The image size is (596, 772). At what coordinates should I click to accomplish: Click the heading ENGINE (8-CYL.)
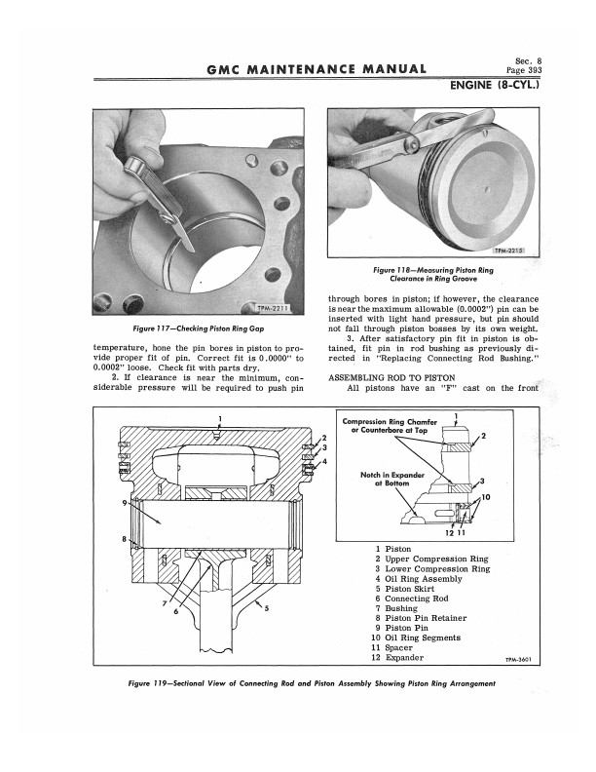click(495, 85)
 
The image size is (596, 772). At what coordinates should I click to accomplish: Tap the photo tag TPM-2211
click(273, 308)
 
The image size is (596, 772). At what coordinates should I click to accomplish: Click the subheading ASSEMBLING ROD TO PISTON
click(391, 377)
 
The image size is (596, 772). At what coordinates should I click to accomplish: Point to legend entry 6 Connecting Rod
click(412, 598)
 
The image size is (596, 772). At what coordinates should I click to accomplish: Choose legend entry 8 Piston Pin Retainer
click(421, 618)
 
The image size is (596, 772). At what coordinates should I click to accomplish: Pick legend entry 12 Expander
click(397, 658)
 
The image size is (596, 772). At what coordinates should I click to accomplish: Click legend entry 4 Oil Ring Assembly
click(419, 578)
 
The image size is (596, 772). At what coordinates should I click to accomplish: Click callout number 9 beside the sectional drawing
click(125, 503)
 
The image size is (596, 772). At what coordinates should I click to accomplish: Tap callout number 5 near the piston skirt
click(267, 607)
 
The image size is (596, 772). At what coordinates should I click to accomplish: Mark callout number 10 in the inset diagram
click(486, 497)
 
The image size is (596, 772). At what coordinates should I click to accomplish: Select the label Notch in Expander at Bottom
click(391, 479)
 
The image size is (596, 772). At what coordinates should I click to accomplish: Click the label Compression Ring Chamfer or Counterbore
click(390, 426)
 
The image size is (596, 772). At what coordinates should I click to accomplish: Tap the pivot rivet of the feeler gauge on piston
click(413, 144)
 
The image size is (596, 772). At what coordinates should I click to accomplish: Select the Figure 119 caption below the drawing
click(312, 683)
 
